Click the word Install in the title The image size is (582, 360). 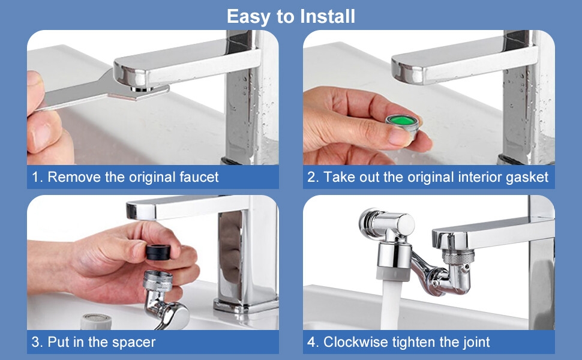325,16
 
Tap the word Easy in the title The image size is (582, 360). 249,16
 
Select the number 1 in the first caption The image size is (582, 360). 36,177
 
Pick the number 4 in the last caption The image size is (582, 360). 311,343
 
